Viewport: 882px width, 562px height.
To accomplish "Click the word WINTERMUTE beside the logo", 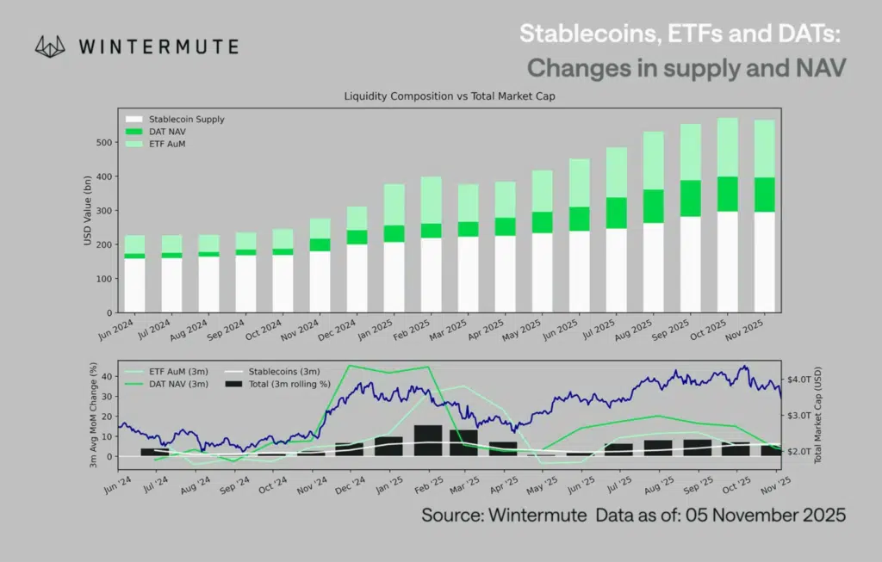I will (158, 46).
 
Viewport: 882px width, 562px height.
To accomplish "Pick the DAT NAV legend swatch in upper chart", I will (133, 132).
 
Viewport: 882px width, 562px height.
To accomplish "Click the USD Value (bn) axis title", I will (88, 211).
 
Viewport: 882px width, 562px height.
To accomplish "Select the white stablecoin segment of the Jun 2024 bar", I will (134, 284).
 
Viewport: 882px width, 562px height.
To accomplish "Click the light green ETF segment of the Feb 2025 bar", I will (431, 200).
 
